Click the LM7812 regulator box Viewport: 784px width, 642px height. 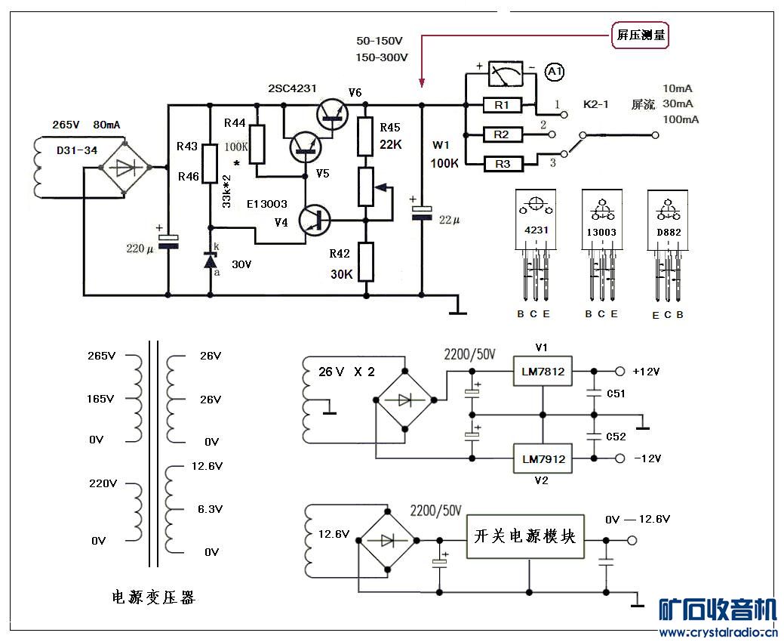(543, 372)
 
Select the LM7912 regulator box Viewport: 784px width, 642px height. (543, 458)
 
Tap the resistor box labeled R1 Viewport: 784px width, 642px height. (503, 105)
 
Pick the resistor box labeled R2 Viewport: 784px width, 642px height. (503, 134)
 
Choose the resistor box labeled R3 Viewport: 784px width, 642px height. (503, 164)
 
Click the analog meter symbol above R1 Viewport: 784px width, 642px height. (505, 74)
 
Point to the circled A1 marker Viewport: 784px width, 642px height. (554, 72)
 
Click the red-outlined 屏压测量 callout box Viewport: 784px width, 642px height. (640, 35)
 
